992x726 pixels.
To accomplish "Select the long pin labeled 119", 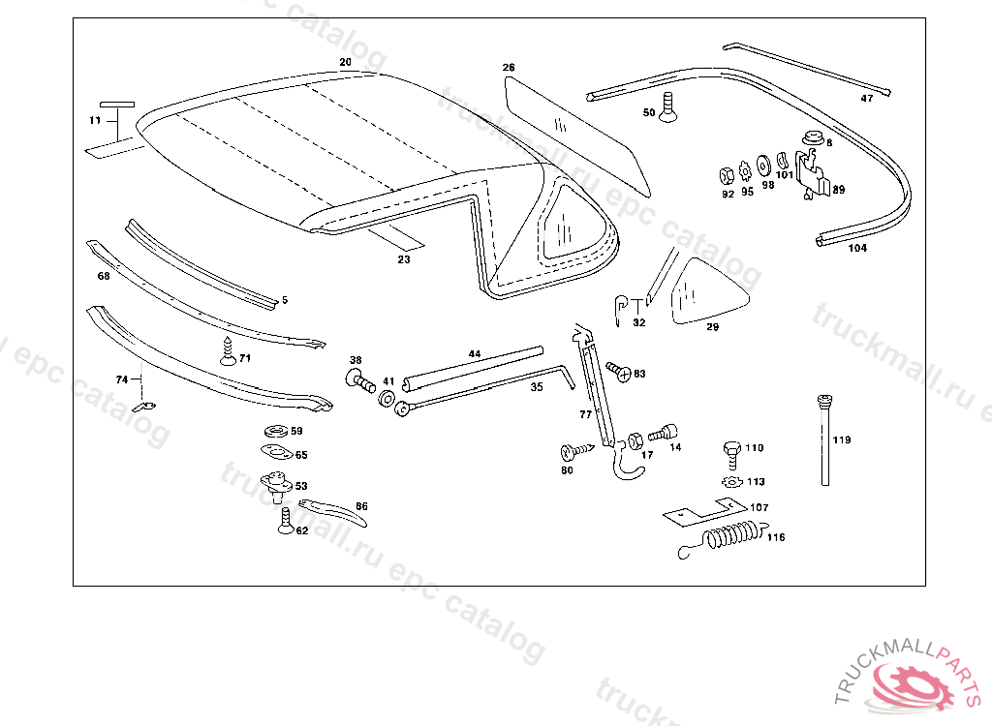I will (x=825, y=440).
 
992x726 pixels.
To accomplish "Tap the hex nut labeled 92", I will (x=725, y=175).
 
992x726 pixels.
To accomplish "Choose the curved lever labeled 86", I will (x=334, y=511).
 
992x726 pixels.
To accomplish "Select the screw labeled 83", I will (x=619, y=371).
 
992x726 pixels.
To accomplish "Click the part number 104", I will (x=857, y=248).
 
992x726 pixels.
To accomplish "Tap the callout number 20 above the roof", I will (x=345, y=62).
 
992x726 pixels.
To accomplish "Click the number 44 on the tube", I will (x=475, y=354).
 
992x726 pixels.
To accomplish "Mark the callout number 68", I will (x=104, y=276).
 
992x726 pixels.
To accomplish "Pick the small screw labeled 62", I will (x=285, y=522).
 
